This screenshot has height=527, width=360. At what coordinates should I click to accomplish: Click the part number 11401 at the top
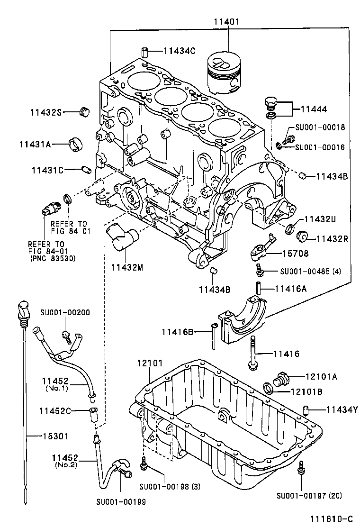226,21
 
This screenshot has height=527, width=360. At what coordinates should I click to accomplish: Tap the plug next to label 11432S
85,112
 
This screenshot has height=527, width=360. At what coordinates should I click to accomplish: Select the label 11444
313,109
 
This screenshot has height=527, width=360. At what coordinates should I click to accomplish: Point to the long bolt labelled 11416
253,352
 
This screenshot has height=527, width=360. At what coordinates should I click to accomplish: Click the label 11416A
291,288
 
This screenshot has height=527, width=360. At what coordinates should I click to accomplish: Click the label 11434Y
341,409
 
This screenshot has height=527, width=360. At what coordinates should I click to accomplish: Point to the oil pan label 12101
150,363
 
